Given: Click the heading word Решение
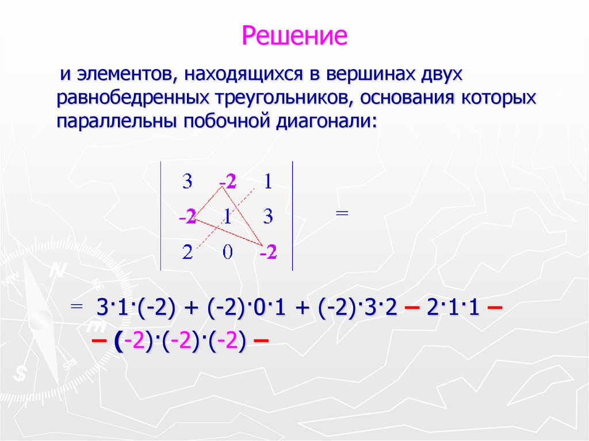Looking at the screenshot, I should (294, 36).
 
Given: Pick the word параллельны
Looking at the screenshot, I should (117, 121).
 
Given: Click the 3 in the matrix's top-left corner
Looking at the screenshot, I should (187, 182).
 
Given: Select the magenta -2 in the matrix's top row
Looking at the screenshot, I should (228, 182).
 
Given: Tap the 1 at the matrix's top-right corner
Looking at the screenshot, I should (267, 182).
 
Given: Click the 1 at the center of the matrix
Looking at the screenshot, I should (228, 217).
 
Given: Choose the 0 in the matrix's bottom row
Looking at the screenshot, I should (228, 253).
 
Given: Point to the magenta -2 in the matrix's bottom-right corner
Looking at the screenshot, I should (267, 253).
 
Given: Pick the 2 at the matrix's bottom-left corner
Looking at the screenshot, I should (187, 253).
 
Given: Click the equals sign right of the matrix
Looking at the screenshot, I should (342, 213).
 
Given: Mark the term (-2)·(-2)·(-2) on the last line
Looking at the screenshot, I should (180, 342).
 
